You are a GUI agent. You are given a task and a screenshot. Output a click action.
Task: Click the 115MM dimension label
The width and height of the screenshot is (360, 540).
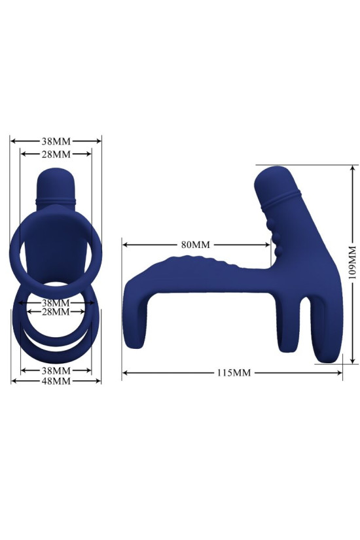[x=233, y=373]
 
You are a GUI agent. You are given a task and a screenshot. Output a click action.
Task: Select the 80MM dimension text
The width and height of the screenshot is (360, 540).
[x=195, y=245]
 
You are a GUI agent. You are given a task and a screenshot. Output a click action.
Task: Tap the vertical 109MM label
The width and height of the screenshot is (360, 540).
[x=351, y=263]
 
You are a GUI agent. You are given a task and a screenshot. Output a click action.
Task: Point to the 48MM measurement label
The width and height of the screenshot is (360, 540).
[x=56, y=382]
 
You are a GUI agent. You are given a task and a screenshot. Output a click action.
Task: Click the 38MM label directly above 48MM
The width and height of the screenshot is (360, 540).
[x=56, y=370]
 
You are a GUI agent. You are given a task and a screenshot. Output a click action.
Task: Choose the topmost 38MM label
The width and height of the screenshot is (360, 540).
[x=56, y=141]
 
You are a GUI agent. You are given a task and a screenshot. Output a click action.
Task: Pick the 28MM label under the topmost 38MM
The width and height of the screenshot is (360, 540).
[x=56, y=154]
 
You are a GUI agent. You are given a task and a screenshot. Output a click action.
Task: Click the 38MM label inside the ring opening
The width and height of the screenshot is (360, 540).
[x=56, y=303]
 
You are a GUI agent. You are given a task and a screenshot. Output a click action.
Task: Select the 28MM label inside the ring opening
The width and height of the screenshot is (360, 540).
[x=56, y=312]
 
